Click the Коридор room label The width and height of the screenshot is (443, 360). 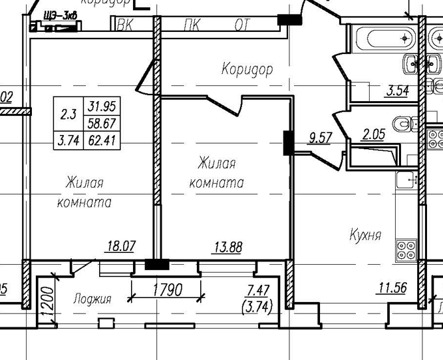(x=247, y=69)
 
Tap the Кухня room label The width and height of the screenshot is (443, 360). (x=365, y=235)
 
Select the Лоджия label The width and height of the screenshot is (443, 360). (x=92, y=299)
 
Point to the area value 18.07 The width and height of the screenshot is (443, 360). (x=121, y=247)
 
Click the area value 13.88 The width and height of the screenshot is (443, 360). (x=227, y=248)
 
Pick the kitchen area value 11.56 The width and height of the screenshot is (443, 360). (x=392, y=288)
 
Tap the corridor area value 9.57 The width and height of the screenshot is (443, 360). (x=321, y=139)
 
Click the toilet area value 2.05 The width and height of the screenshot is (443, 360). (x=374, y=135)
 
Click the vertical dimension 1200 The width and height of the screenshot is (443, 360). (x=45, y=301)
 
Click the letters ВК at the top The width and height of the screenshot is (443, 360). (x=124, y=25)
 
